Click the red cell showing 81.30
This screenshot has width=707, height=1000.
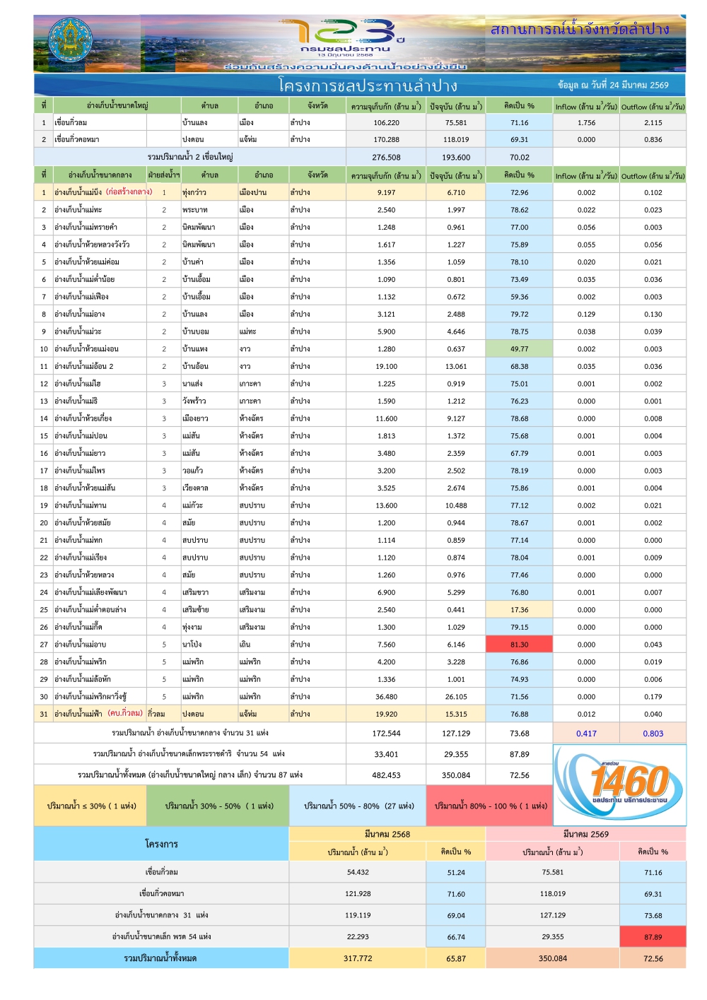[519, 645]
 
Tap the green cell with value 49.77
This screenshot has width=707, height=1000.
[519, 349]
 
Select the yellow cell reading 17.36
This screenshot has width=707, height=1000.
[519, 610]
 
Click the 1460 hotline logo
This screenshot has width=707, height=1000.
[619, 784]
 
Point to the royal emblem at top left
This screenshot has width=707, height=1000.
[69, 42]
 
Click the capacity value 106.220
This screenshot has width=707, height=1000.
[386, 123]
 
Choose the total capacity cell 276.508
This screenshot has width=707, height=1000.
[386, 158]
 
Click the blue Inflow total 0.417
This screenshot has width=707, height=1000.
[586, 734]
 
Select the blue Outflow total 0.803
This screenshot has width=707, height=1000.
[653, 734]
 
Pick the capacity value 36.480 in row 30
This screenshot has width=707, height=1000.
[386, 697]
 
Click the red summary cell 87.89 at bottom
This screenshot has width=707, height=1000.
[653, 937]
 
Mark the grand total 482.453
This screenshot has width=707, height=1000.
[386, 775]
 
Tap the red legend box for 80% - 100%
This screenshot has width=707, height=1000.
[491, 806]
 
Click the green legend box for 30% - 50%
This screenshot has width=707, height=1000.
[217, 806]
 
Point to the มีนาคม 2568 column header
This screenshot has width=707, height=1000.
[387, 835]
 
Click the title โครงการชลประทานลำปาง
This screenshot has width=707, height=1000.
[368, 86]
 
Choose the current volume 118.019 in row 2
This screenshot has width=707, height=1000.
[456, 140]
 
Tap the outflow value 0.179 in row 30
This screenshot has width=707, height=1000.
[653, 697]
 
